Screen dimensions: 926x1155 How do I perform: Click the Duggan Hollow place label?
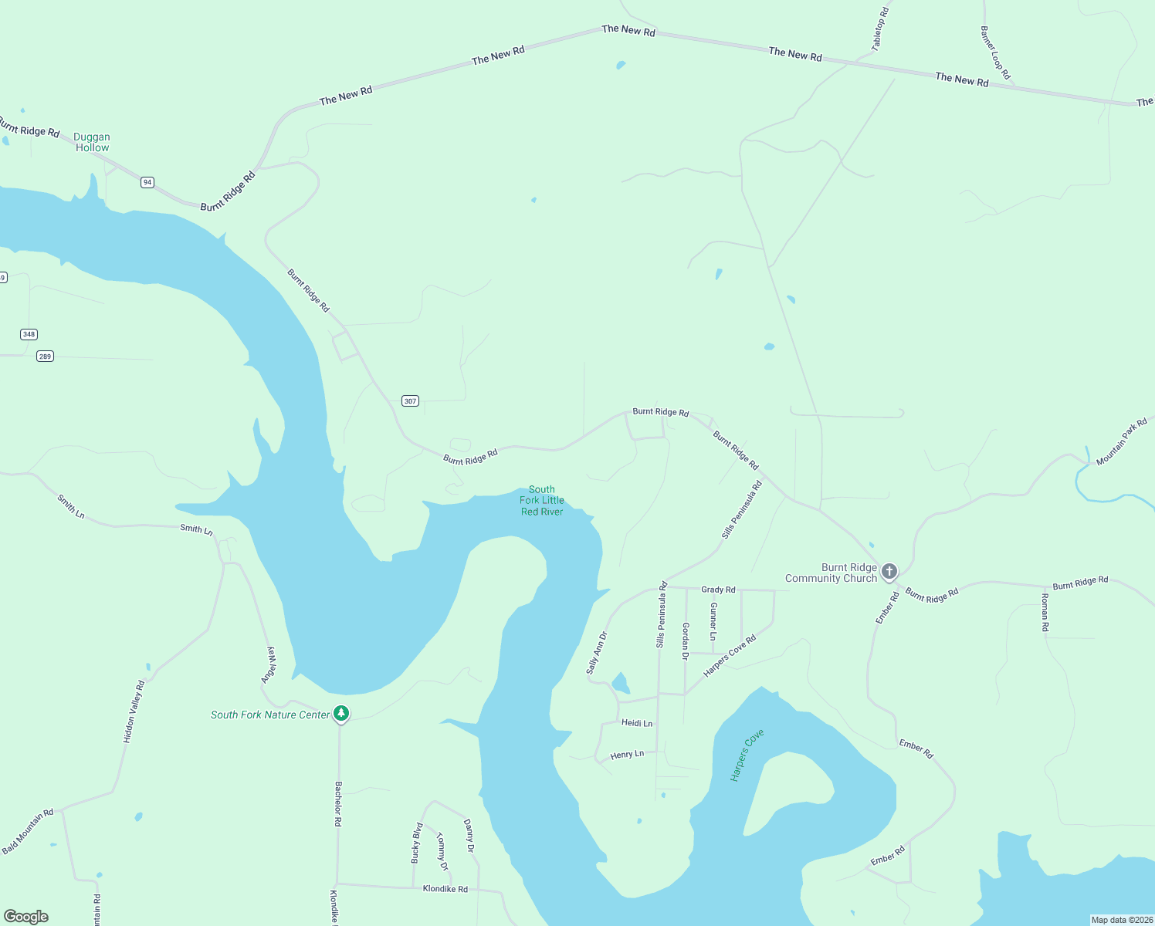92,142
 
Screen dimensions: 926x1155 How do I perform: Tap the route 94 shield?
147,183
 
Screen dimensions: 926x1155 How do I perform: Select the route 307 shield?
410,400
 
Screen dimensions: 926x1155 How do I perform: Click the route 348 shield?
29,334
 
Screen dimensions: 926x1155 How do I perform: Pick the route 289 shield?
45,357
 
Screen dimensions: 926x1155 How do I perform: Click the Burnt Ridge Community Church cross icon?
889,571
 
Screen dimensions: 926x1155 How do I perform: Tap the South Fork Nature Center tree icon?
340,713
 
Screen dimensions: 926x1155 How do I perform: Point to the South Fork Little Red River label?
541,500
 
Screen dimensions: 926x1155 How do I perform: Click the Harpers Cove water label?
747,755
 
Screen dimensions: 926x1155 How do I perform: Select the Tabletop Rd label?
880,29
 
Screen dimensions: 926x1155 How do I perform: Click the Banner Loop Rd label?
995,53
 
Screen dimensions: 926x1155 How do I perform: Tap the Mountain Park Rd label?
1121,442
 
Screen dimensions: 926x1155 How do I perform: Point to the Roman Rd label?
1045,613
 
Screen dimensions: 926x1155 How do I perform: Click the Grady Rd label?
718,590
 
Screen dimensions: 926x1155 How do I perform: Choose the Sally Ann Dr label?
597,653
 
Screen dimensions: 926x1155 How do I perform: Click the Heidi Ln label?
637,723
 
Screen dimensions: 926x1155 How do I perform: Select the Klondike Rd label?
445,889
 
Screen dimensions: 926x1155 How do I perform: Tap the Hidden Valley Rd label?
134,711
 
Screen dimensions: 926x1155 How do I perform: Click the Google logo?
26,917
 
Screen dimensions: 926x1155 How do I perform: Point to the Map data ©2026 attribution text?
1121,920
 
